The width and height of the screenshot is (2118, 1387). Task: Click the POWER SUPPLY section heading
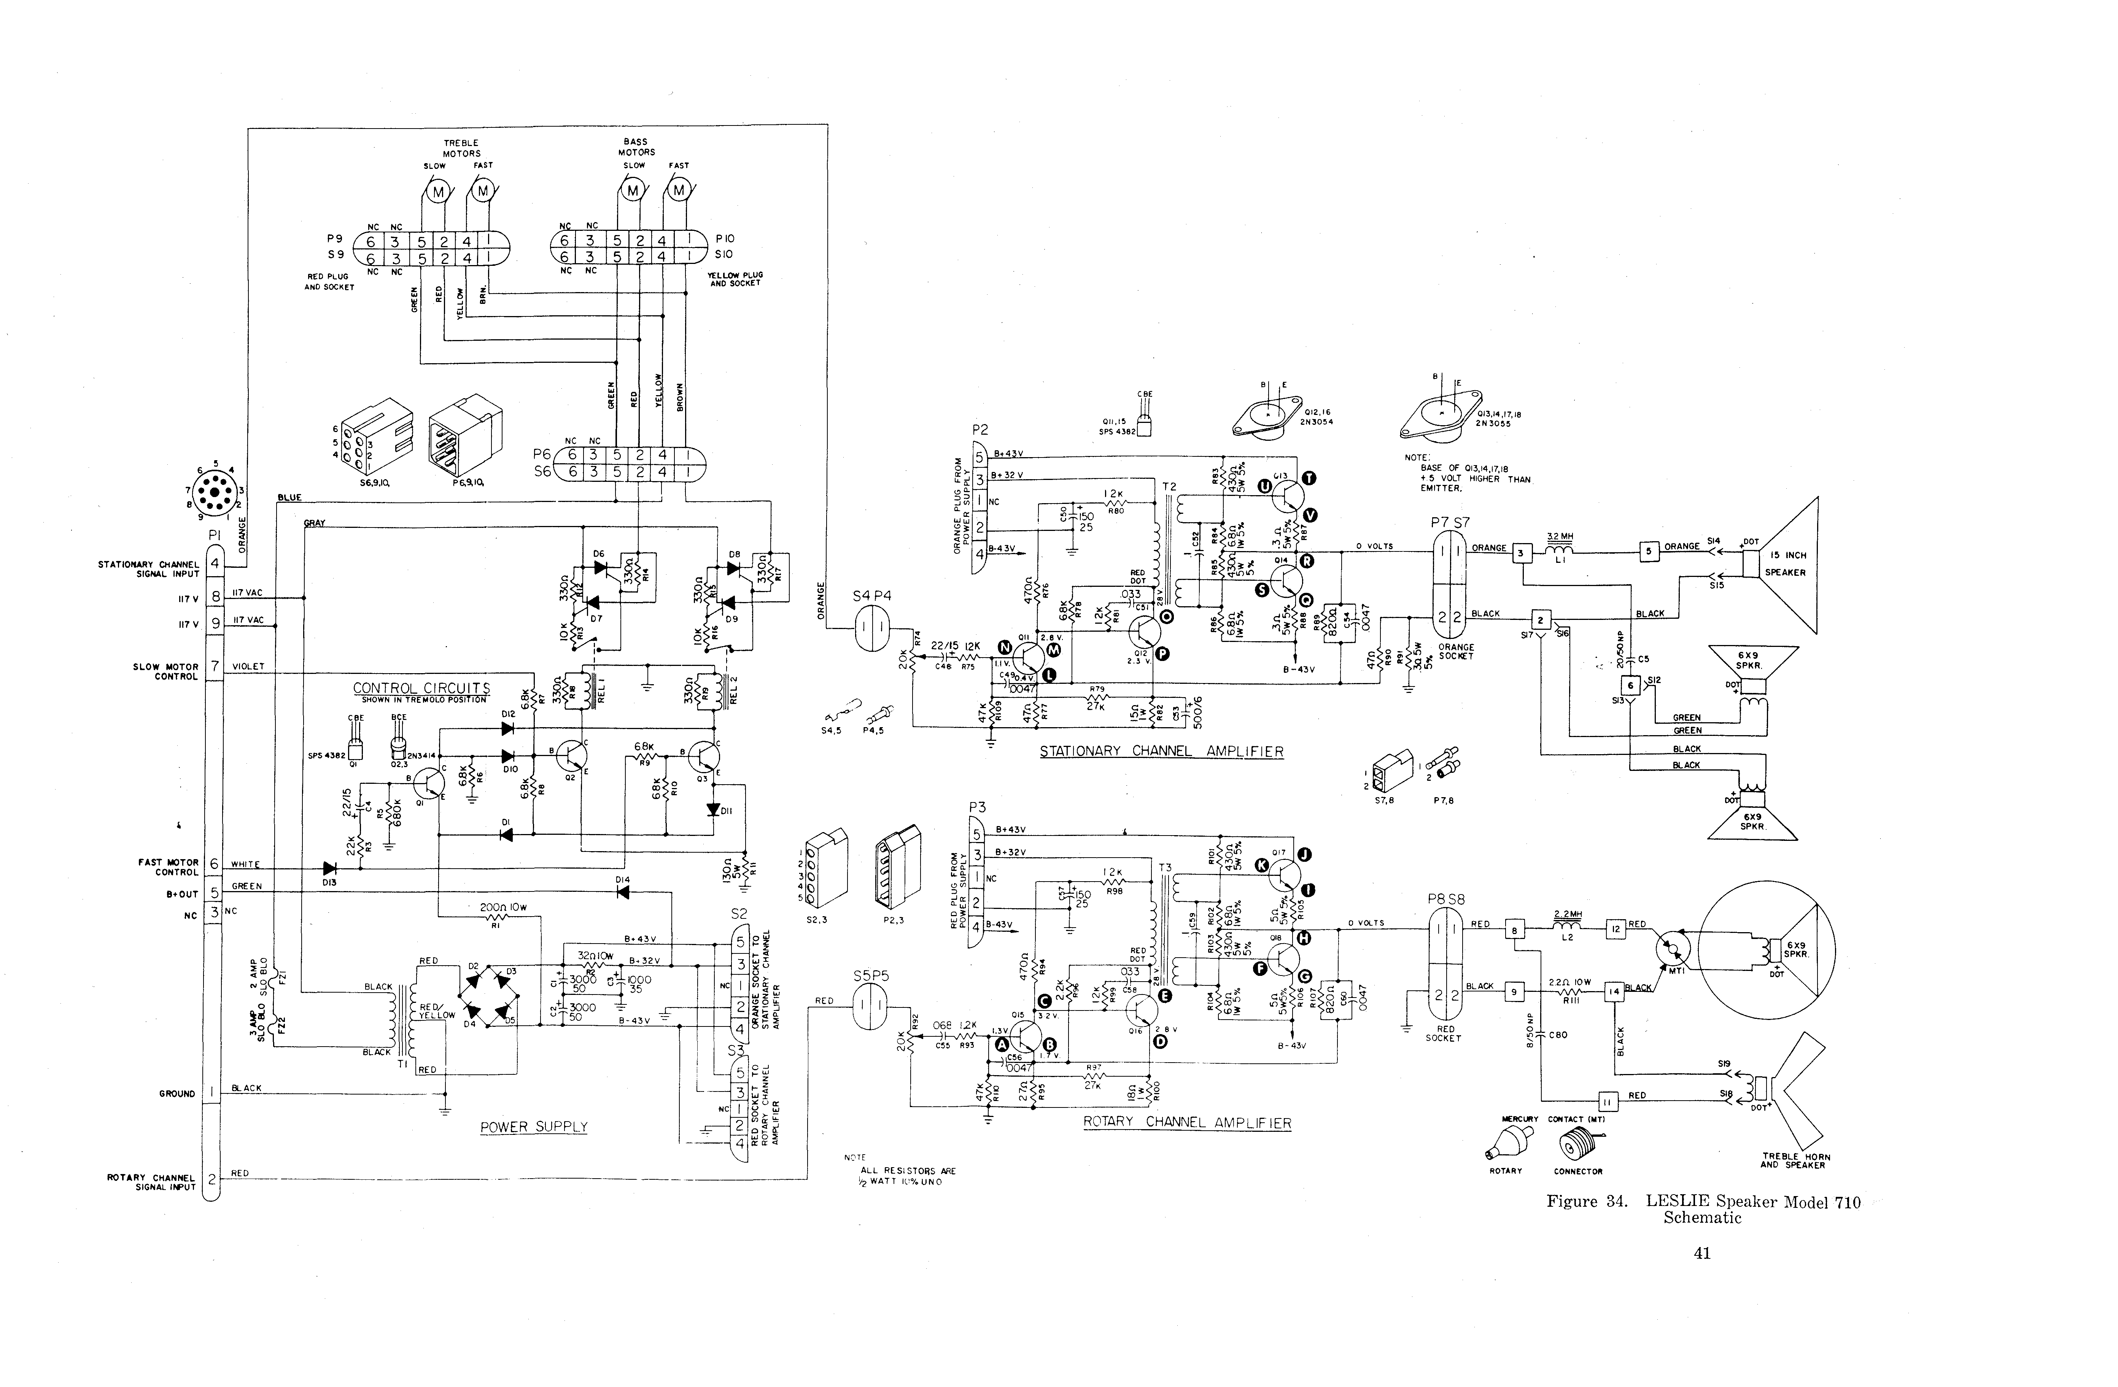click(534, 1127)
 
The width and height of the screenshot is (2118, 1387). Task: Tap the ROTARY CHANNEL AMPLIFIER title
click(1186, 1123)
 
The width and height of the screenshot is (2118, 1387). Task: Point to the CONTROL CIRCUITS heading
click(421, 688)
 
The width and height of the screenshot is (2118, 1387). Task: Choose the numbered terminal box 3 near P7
click(1522, 553)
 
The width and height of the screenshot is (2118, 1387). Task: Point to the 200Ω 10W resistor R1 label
click(503, 908)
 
